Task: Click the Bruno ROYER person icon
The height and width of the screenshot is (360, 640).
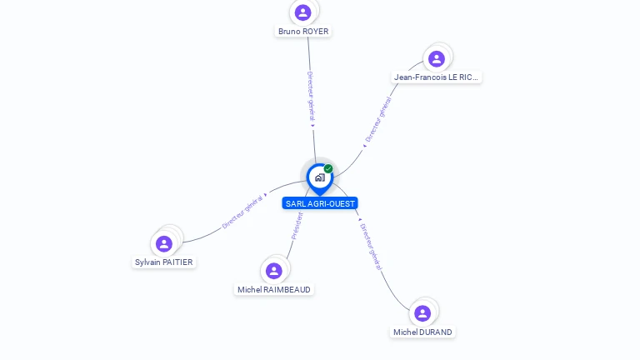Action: [x=303, y=12]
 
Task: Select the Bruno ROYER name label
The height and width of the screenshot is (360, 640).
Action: [x=303, y=32]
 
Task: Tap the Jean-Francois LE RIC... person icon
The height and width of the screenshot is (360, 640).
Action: [x=436, y=58]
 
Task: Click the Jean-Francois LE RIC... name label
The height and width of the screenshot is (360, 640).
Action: [x=437, y=77]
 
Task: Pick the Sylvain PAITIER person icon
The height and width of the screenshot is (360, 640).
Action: [x=164, y=243]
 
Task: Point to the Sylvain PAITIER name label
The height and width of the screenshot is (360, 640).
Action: [x=164, y=262]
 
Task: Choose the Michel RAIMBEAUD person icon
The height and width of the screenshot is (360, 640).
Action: [x=274, y=271]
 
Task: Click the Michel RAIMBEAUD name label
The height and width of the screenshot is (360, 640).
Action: [x=274, y=290]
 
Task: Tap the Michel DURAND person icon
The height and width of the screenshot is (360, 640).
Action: [x=422, y=313]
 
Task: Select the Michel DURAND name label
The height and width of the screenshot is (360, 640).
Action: [x=422, y=332]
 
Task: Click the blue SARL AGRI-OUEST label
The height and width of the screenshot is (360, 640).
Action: [x=320, y=203]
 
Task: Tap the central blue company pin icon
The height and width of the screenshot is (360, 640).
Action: [x=319, y=177]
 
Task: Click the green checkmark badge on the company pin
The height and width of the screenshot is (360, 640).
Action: [x=328, y=169]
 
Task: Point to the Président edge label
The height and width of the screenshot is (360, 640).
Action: [x=297, y=225]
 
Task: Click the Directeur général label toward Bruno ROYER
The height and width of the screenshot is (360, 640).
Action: [x=310, y=97]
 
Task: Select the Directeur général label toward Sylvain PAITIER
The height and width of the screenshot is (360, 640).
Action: [x=242, y=213]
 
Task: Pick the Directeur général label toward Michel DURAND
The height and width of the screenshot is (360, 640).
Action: [x=370, y=246]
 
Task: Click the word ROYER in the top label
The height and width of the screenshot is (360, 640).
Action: [x=316, y=32]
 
